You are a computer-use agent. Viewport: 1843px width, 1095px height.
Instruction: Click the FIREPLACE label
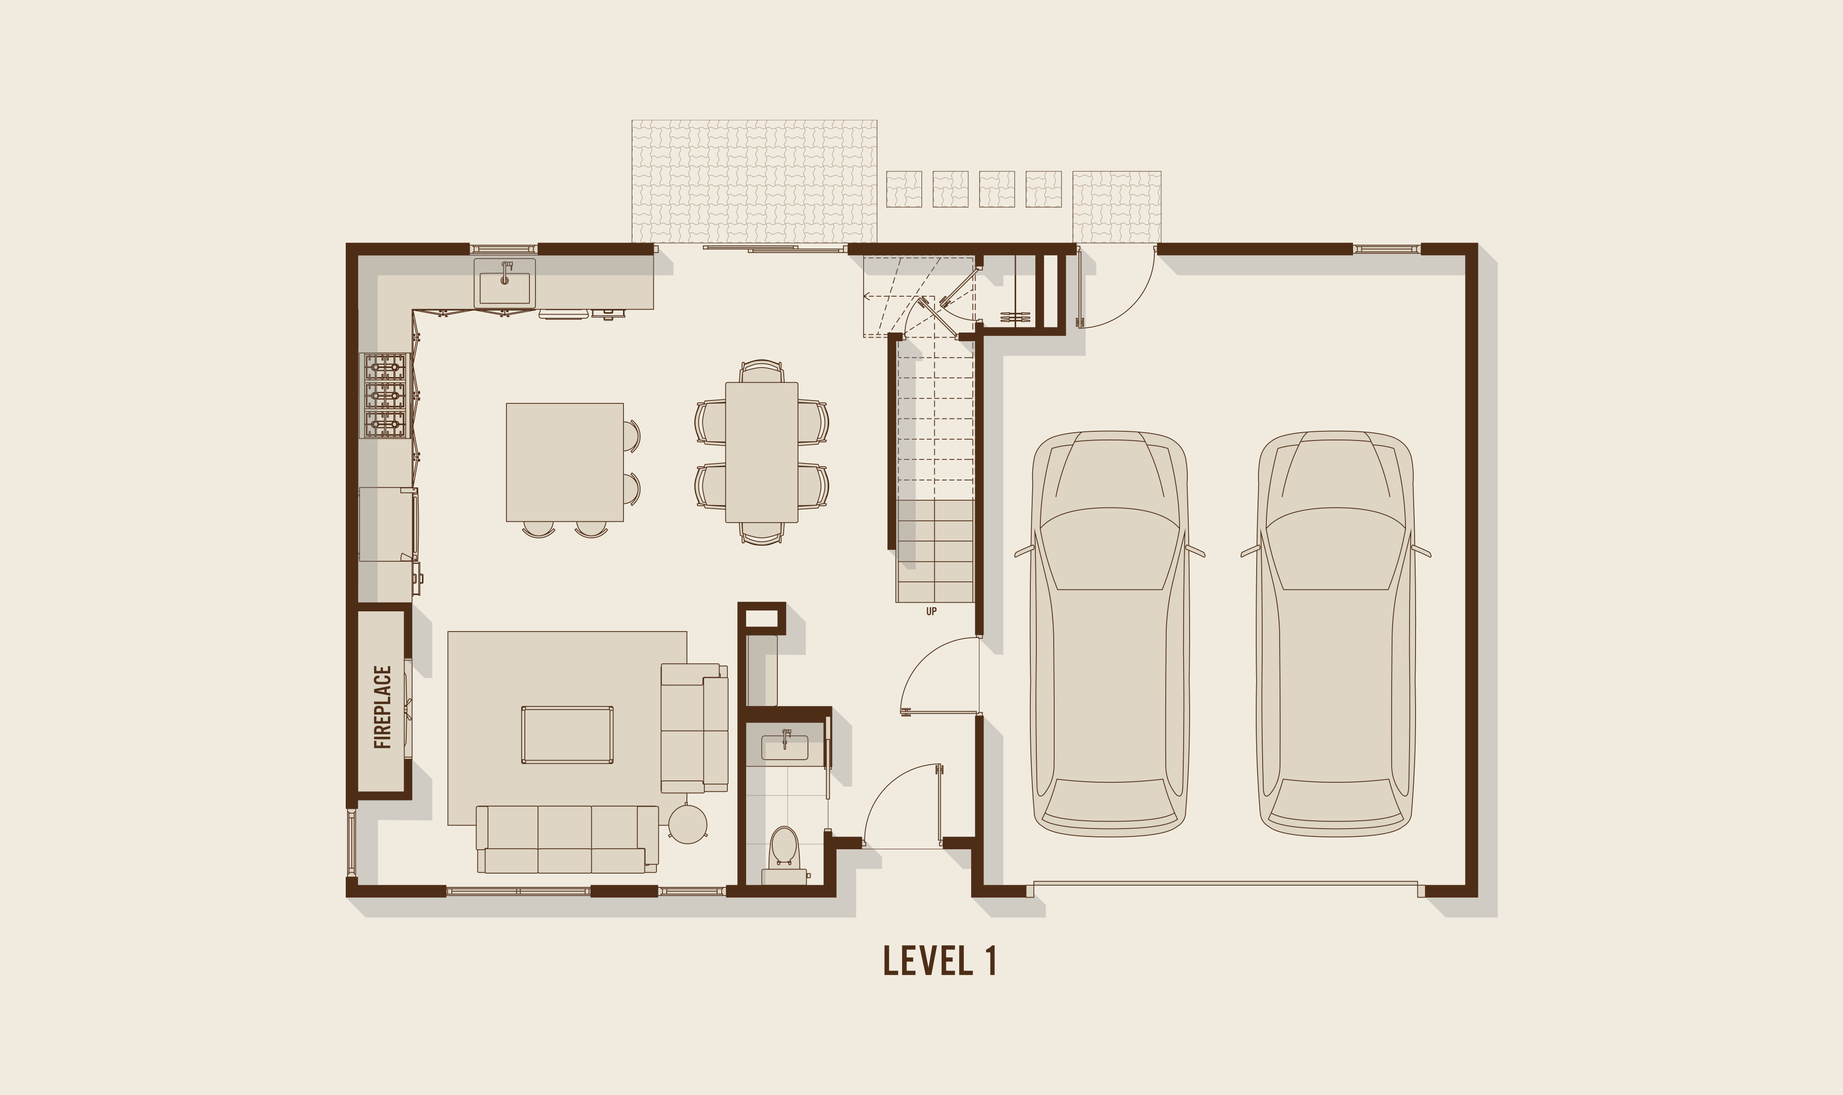click(383, 707)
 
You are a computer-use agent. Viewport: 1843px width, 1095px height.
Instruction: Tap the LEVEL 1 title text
click(940, 961)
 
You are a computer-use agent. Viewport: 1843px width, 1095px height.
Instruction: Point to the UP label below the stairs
click(932, 612)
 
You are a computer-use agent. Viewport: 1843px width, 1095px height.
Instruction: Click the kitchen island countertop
click(565, 462)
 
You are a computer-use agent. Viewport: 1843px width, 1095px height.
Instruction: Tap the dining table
click(762, 452)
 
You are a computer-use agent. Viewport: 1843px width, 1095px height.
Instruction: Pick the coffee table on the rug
click(567, 735)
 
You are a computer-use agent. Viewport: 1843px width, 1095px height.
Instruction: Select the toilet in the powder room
click(784, 856)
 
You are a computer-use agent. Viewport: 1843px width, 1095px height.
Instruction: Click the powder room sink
click(785, 746)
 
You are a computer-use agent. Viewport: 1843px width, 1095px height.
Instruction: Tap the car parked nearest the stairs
click(1110, 633)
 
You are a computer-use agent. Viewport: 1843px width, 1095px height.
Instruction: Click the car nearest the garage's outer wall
click(1336, 633)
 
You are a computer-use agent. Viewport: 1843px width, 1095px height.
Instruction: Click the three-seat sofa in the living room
click(567, 840)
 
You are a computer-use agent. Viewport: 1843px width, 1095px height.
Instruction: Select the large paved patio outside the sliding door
click(754, 181)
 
